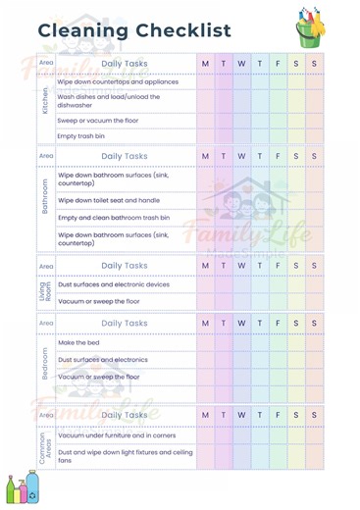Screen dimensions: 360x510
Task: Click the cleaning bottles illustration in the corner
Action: click(x=21, y=489)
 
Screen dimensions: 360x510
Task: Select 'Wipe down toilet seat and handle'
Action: click(x=109, y=199)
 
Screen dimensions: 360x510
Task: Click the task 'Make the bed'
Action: click(x=78, y=343)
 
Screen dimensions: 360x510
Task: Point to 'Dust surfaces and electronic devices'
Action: click(x=113, y=284)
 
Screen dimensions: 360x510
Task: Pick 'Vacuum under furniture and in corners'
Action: click(x=116, y=435)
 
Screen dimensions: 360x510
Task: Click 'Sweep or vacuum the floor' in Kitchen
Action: click(x=98, y=120)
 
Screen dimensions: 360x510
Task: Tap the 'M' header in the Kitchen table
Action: click(x=206, y=64)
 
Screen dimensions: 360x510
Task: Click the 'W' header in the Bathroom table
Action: click(x=241, y=156)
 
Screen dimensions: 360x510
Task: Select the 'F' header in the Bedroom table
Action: click(x=278, y=323)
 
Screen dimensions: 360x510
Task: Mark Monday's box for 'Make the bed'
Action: click(x=206, y=343)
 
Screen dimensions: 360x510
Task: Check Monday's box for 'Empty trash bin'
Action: click(x=206, y=136)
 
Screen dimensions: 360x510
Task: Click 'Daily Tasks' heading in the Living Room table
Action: click(x=125, y=266)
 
